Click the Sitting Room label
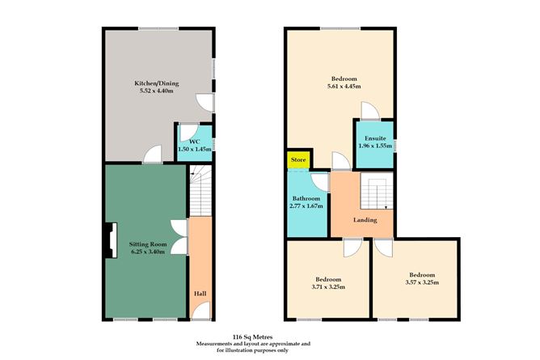(x=147, y=244)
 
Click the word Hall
(x=199, y=293)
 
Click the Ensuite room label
(x=373, y=138)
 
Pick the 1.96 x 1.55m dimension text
(x=373, y=146)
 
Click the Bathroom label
(x=306, y=198)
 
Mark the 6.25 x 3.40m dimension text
(x=147, y=252)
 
